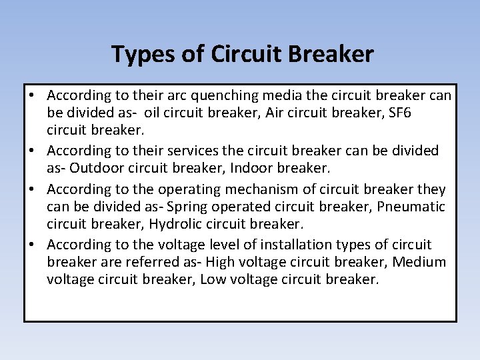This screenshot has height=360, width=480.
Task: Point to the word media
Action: click(x=287, y=95)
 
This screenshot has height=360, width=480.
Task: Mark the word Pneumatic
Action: click(x=412, y=207)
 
